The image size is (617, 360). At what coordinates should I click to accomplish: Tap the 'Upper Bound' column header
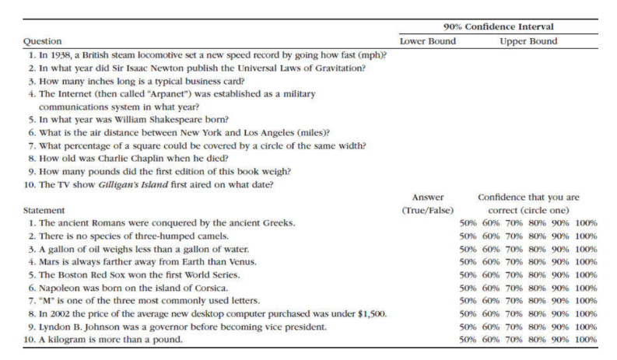click(x=528, y=40)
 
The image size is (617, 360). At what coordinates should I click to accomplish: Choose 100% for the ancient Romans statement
click(x=586, y=223)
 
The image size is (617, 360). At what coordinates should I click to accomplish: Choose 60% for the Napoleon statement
click(x=492, y=288)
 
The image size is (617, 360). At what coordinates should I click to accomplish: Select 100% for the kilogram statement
click(x=586, y=340)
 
